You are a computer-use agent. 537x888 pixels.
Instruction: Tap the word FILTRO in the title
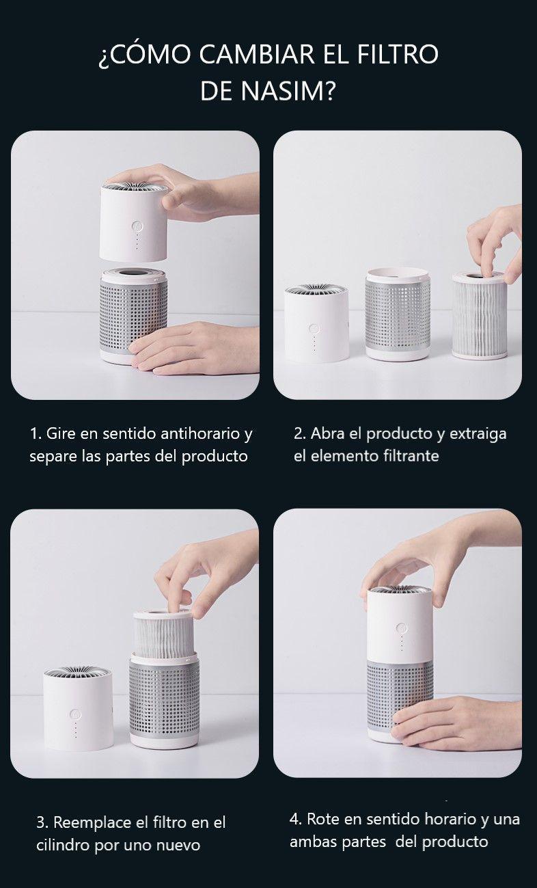coord(398,54)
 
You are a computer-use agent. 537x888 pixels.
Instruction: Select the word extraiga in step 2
coord(478,434)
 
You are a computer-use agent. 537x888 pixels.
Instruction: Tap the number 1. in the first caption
coord(36,433)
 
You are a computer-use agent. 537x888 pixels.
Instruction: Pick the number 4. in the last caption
coord(296,819)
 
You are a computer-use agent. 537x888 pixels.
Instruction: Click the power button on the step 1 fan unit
coord(137,228)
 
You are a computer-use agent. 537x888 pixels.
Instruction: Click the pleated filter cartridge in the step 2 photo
coord(480,315)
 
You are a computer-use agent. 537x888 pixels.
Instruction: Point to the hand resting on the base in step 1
coord(190,348)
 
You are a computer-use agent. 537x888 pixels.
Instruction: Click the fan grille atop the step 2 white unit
coord(316,289)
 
